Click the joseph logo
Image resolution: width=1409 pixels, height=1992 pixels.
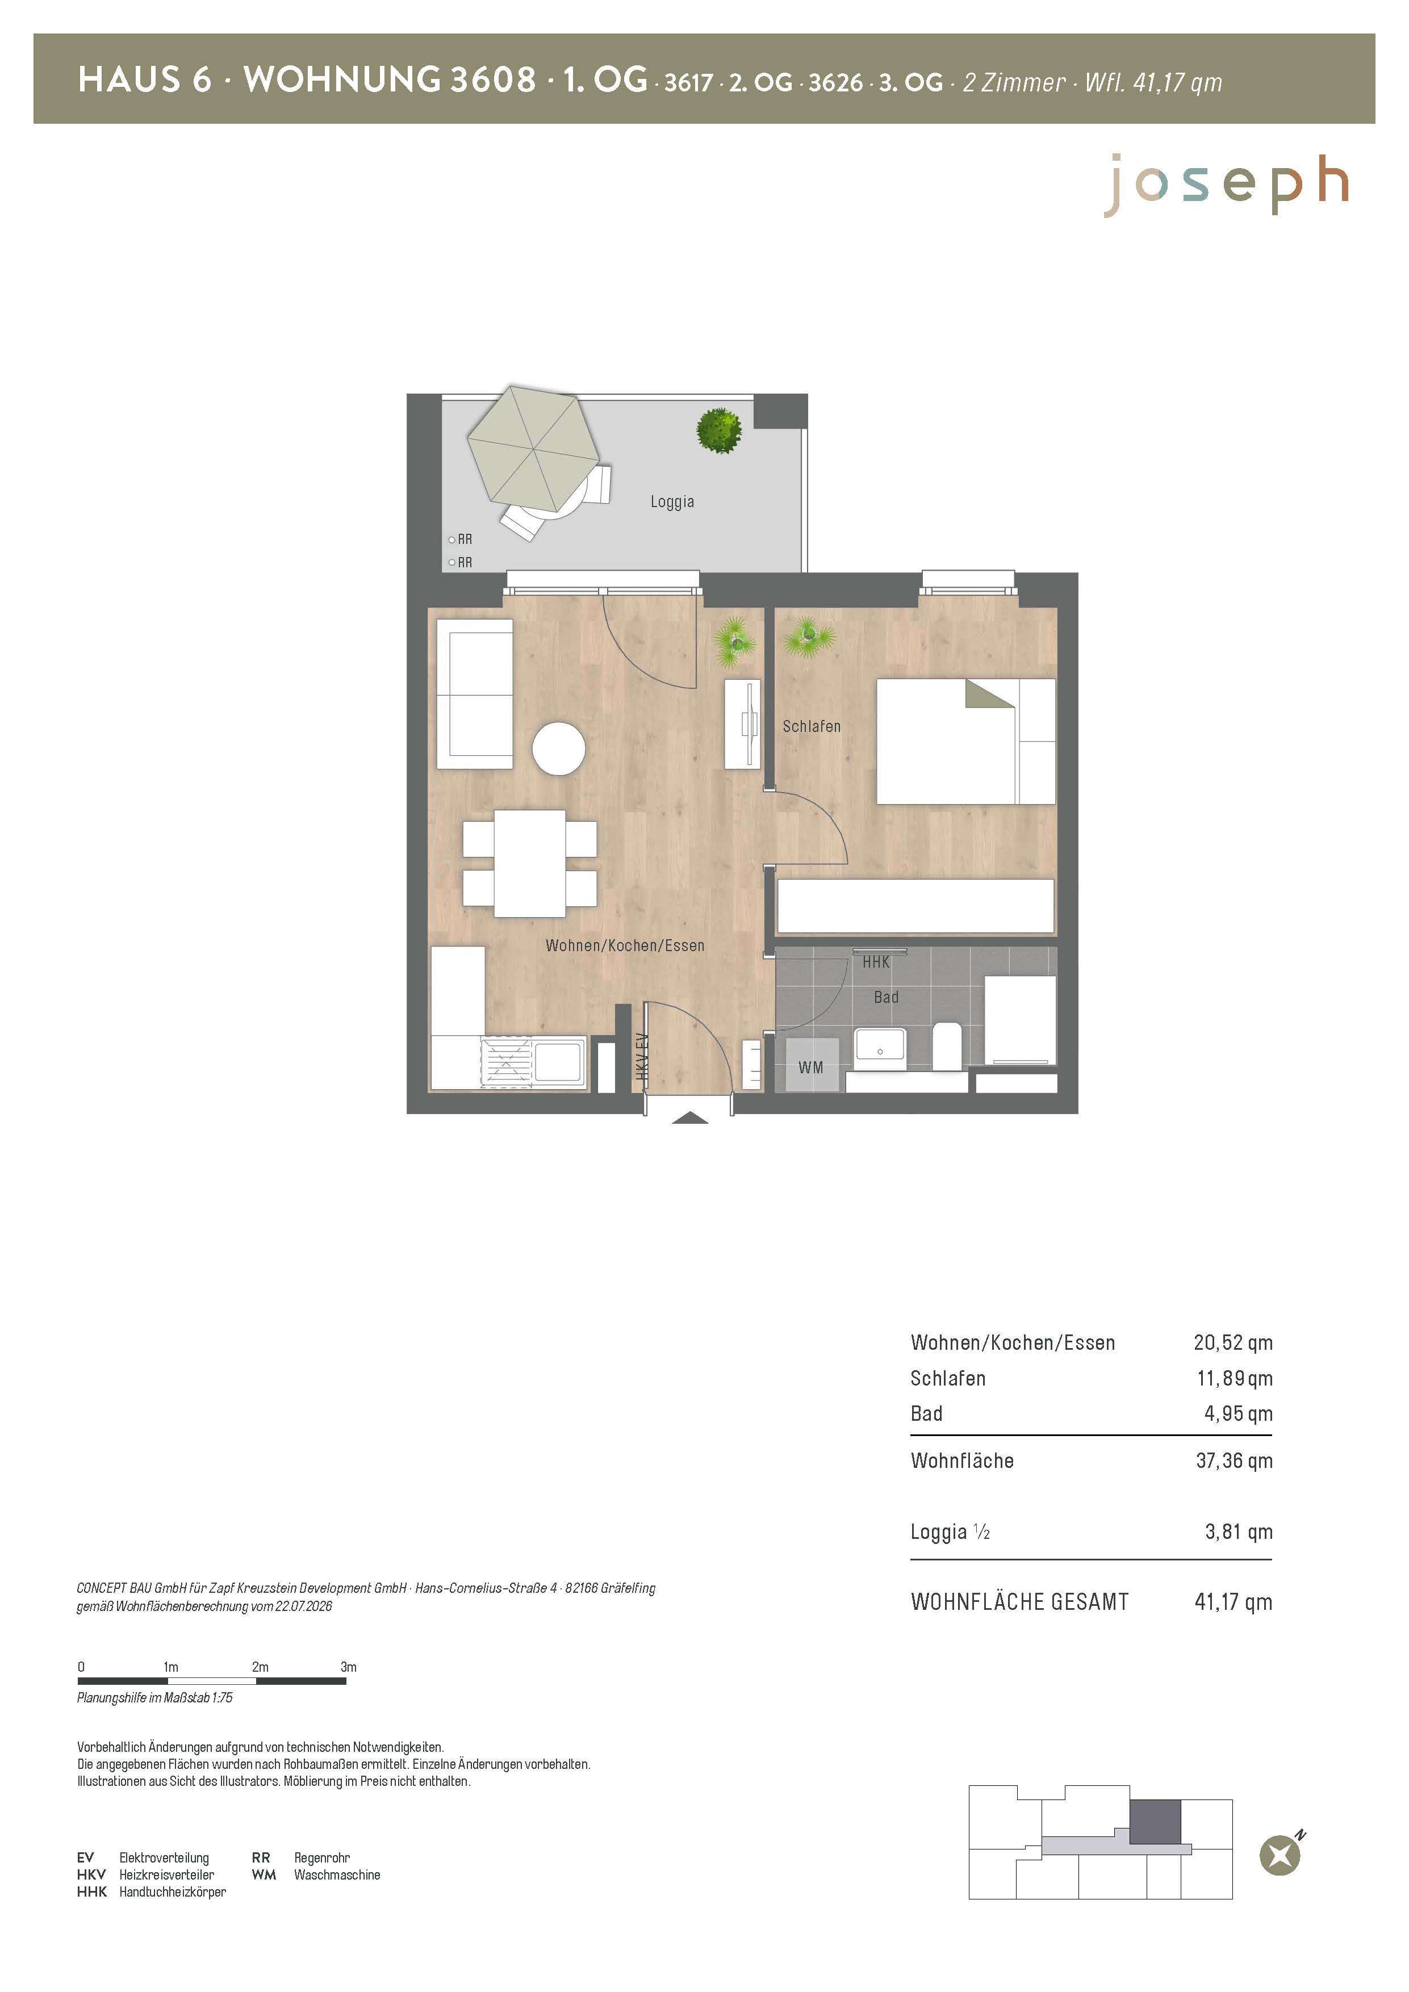(x=1226, y=185)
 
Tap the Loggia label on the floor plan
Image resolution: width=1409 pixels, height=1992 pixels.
(x=672, y=501)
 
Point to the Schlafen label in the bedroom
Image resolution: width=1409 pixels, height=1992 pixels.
(x=811, y=726)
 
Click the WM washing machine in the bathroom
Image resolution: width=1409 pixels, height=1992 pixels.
(x=812, y=1065)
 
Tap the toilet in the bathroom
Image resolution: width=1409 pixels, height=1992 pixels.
(x=947, y=1045)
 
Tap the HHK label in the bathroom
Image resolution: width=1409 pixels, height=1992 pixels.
(x=876, y=962)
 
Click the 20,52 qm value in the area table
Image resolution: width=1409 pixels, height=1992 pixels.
(x=1233, y=1342)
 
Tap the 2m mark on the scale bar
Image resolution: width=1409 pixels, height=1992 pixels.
(x=260, y=1667)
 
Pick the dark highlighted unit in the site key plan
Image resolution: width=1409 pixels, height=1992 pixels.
(x=1155, y=1822)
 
